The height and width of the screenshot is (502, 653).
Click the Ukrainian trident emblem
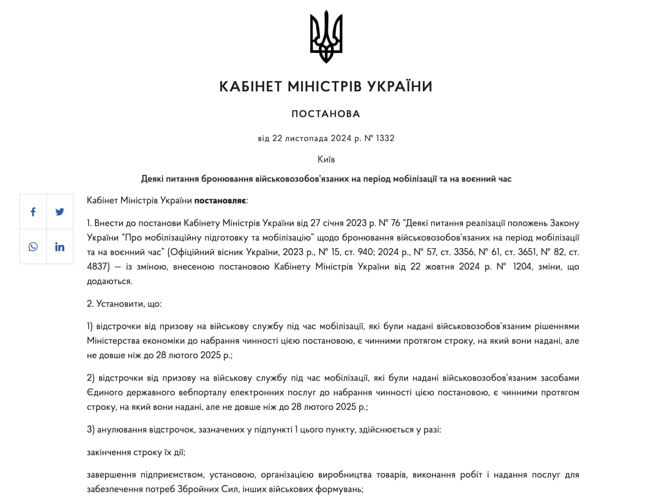point(326,37)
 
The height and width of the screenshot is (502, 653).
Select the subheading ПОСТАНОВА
point(326,114)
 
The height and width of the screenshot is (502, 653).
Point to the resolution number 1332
point(385,138)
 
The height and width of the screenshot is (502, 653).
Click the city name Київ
point(326,159)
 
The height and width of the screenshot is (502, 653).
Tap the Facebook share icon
point(33,212)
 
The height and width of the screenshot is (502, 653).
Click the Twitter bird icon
point(60,212)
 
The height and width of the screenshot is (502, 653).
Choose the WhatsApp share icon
point(33,247)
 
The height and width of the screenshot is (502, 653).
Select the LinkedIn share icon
point(60,247)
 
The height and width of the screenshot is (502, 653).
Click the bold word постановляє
point(220,200)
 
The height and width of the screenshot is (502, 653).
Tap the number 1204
point(522,267)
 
